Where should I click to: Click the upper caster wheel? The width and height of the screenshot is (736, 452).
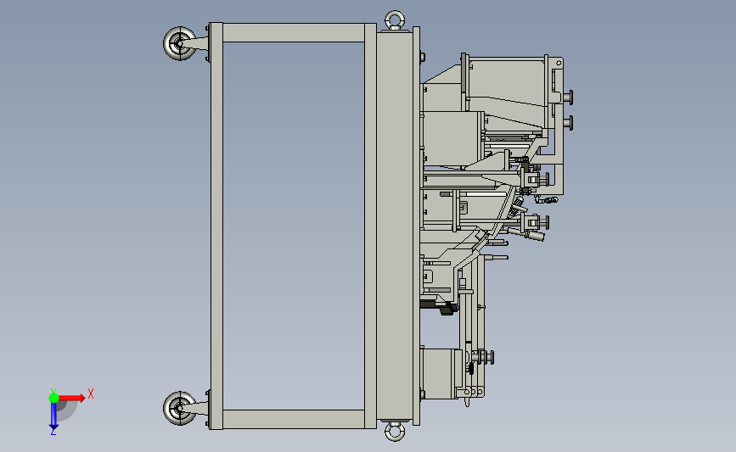click(179, 43)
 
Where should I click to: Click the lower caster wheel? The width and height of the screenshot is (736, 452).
click(179, 409)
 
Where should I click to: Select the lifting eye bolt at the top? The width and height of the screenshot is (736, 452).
click(395, 20)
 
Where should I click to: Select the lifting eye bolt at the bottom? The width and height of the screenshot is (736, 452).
click(395, 431)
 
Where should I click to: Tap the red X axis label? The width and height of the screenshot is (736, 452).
click(91, 393)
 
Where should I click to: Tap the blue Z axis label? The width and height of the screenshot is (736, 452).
click(53, 432)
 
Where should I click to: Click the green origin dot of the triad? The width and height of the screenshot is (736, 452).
click(53, 398)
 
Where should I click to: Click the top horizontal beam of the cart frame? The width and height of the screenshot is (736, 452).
click(294, 33)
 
